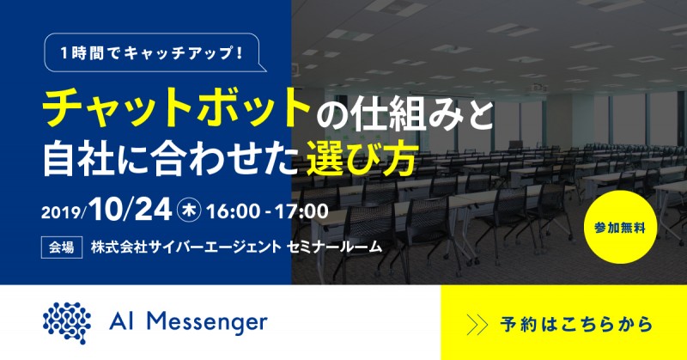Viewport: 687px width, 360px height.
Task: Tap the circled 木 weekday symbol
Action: [x=188, y=209]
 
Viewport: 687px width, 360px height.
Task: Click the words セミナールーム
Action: [x=334, y=246]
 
